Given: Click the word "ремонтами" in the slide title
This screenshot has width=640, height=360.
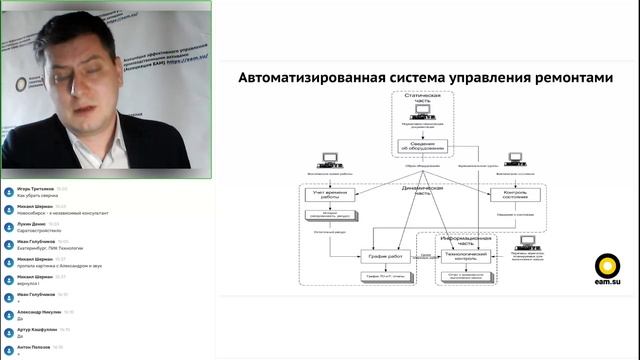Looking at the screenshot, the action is (x=567, y=77).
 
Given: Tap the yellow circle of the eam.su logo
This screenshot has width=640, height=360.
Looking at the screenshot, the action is (x=607, y=265).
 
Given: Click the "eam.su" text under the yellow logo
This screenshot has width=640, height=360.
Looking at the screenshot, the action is (x=607, y=284).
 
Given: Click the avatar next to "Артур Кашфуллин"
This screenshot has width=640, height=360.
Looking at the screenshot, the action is (x=8, y=332).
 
